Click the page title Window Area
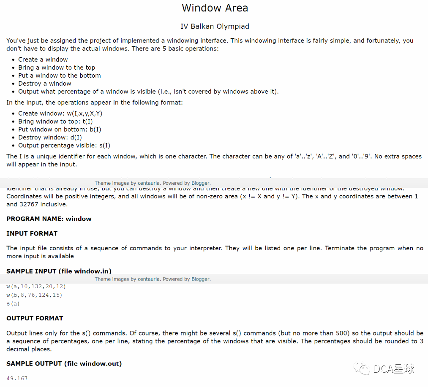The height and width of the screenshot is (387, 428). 215,8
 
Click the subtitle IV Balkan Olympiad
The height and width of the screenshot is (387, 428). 215,26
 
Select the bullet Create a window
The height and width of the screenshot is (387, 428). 43,60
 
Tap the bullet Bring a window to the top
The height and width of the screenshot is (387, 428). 57,68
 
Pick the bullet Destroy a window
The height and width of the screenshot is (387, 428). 44,84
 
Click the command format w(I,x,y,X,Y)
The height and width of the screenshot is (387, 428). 85,113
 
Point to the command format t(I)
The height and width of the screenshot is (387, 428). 87,121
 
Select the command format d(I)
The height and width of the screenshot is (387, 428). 76,137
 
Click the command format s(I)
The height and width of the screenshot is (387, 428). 104,145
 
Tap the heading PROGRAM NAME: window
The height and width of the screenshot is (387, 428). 49,219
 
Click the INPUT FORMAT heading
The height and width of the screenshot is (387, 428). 32,233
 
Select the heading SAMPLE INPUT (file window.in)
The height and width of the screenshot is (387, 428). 59,271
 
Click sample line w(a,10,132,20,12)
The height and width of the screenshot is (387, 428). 36,287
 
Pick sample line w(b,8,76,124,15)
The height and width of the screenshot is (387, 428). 34,295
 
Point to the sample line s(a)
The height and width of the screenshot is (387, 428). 13,303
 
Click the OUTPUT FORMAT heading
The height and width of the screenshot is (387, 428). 35,318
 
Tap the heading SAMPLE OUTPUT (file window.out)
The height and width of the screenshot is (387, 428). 64,363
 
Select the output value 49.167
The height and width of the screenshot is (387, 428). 17,378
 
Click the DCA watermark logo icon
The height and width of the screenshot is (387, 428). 363,368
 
